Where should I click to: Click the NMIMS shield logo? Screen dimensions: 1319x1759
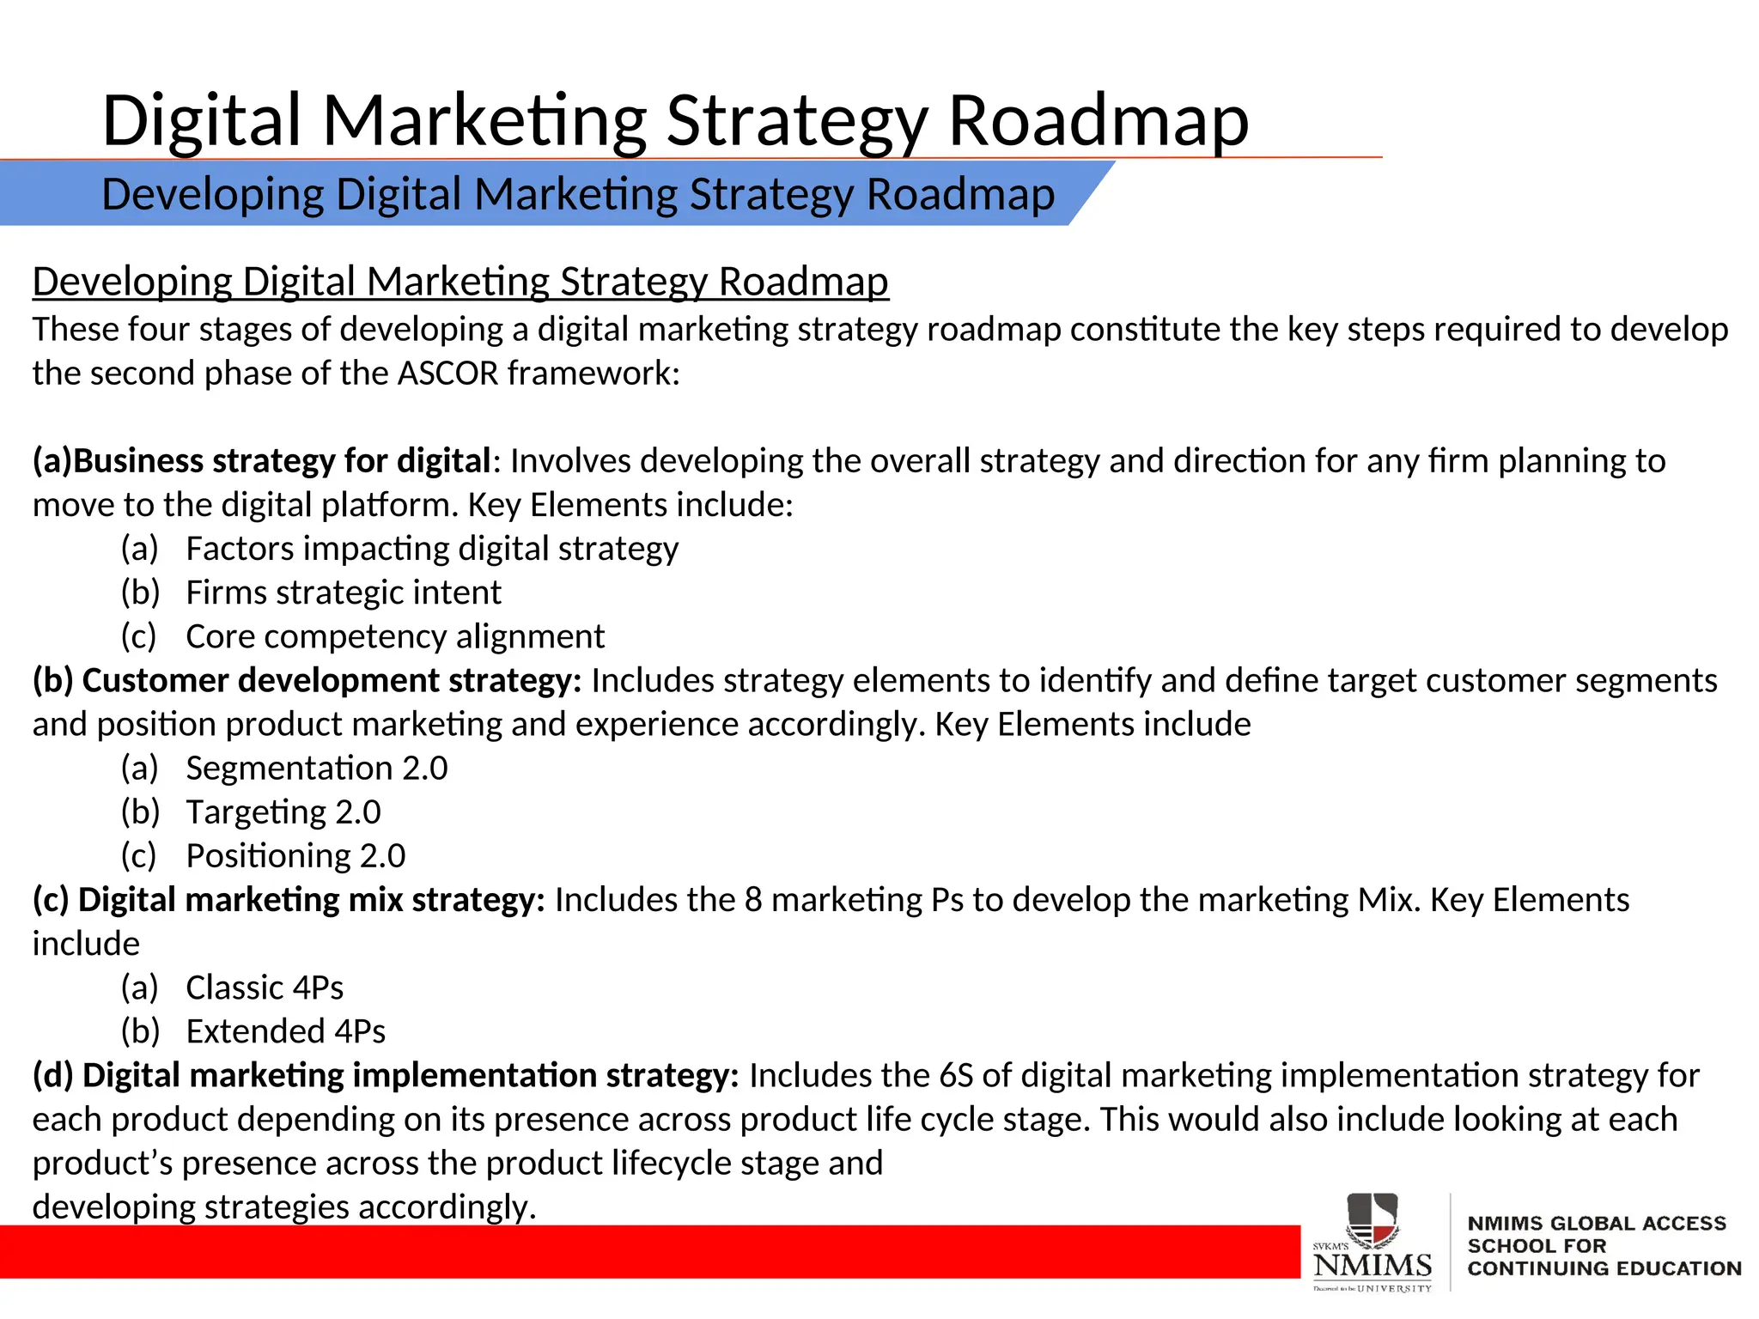pos(1372,1222)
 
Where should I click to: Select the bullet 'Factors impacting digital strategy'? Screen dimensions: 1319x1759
pos(431,549)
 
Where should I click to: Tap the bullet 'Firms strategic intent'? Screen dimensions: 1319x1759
pos(343,593)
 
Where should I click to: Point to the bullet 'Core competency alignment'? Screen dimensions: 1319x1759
pos(395,636)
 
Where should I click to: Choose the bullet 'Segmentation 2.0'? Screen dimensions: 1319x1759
pos(316,768)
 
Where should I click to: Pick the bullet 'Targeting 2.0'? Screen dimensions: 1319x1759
pos(283,811)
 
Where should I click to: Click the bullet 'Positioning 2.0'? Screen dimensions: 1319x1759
pos(295,855)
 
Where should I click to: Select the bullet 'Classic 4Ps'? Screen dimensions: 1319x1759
pos(264,988)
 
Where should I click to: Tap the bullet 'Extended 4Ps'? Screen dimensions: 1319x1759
pos(285,1031)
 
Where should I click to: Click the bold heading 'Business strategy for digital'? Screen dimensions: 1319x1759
pos(281,461)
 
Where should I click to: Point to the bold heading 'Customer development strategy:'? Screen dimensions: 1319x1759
pos(331,680)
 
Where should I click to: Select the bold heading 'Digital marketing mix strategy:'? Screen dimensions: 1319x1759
pos(311,900)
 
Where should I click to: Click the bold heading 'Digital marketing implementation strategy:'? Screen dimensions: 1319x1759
pos(410,1075)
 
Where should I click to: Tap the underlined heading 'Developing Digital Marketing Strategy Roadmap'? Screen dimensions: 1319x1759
pos(460,282)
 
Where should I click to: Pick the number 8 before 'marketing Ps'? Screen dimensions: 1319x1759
pos(752,900)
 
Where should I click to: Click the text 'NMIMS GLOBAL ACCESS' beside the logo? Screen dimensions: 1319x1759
pos(1596,1223)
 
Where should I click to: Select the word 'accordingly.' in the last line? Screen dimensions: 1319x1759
pos(447,1207)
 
